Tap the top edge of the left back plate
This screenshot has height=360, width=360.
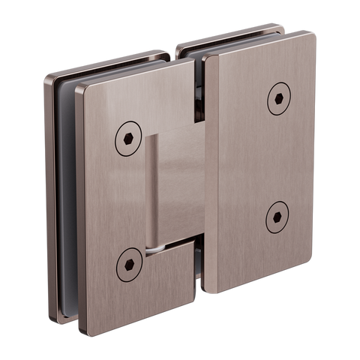tap(105, 63)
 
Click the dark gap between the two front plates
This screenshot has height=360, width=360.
tap(199, 165)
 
